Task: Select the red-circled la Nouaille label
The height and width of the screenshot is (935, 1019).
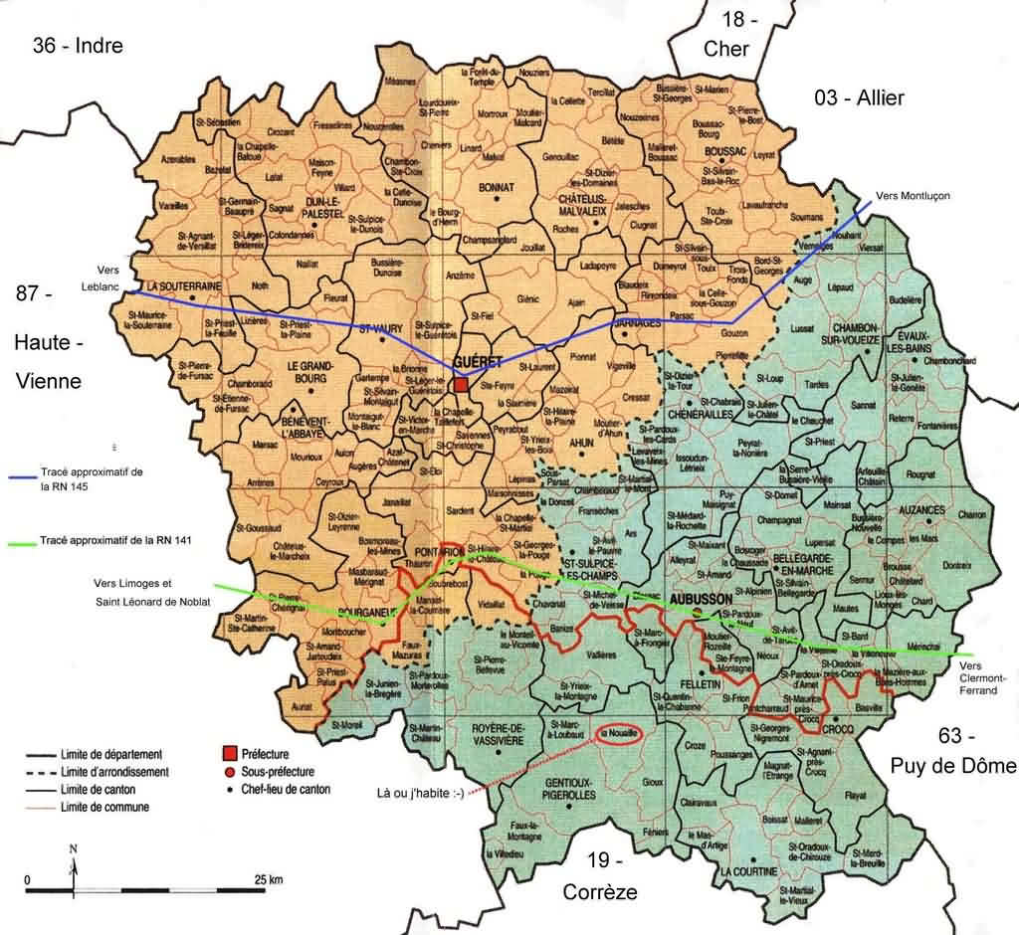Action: click(618, 734)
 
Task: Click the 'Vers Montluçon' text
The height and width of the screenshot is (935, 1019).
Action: click(913, 196)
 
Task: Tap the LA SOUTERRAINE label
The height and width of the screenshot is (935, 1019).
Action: click(183, 286)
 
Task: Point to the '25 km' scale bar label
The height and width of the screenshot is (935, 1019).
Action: click(268, 879)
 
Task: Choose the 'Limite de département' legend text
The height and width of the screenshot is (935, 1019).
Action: click(109, 754)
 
